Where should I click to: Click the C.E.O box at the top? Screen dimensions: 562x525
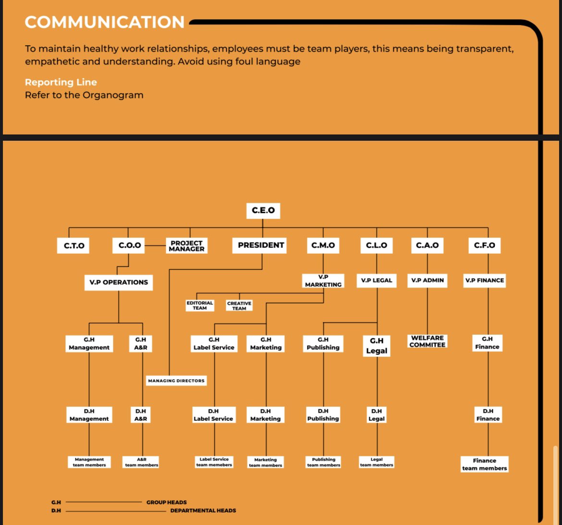pyautogui.click(x=263, y=210)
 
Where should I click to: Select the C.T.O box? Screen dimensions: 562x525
pyautogui.click(x=74, y=245)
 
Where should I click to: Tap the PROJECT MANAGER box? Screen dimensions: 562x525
pyautogui.click(x=186, y=246)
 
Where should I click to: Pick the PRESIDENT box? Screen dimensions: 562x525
pyautogui.click(x=261, y=245)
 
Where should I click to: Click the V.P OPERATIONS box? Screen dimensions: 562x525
pyautogui.click(x=119, y=282)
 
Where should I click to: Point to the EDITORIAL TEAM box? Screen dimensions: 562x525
pyautogui.click(x=200, y=305)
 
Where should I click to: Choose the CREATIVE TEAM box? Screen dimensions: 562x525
pyautogui.click(x=239, y=306)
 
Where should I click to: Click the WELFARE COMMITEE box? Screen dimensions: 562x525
pyautogui.click(x=427, y=341)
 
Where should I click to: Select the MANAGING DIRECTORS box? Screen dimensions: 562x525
pyautogui.click(x=176, y=380)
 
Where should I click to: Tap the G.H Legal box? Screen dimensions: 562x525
pyautogui.click(x=377, y=346)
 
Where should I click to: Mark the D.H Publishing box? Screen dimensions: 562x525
pyautogui.click(x=323, y=415)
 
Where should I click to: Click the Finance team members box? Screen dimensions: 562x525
pyautogui.click(x=484, y=464)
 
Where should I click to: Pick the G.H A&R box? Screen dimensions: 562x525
pyautogui.click(x=141, y=343)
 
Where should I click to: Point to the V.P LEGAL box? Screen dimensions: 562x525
pyautogui.click(x=377, y=280)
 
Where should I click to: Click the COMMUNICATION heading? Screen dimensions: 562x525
pyautogui.click(x=105, y=22)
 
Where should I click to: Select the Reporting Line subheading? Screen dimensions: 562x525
pyautogui.click(x=61, y=82)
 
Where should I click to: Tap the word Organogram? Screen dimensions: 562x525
pyautogui.click(x=113, y=95)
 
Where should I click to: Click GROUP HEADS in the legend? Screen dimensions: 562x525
pyautogui.click(x=167, y=502)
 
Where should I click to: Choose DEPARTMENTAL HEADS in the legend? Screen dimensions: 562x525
pyautogui.click(x=203, y=511)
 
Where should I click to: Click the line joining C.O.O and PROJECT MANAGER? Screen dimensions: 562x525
pyautogui.click(x=155, y=245)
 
